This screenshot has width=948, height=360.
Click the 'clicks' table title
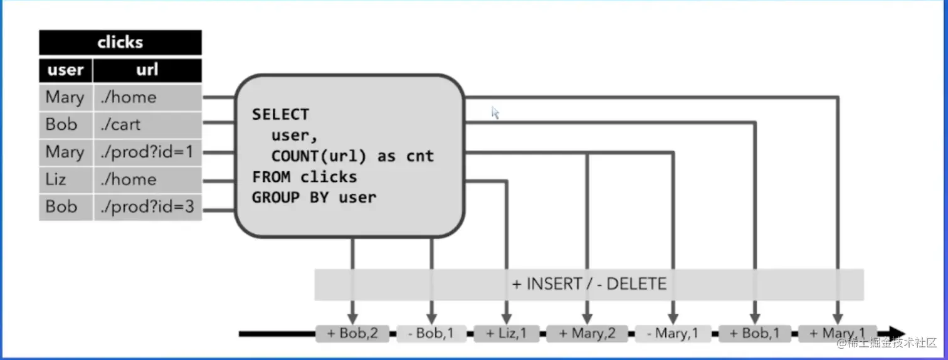[x=120, y=43]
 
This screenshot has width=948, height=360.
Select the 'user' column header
[x=65, y=70]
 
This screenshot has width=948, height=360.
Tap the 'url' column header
[x=147, y=70]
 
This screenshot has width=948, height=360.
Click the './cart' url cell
[x=147, y=124]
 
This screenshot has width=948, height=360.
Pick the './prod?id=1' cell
[x=147, y=152]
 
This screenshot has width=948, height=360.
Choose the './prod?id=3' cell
[x=147, y=206]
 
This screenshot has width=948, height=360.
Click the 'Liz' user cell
[x=65, y=179]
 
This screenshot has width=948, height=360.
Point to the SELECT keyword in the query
[x=280, y=114]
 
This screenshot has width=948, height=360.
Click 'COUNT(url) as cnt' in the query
[x=352, y=156]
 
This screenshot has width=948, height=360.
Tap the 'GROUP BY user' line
[x=314, y=197]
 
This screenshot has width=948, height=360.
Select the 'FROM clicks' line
[x=305, y=176]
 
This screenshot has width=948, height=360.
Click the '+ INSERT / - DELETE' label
[x=589, y=284]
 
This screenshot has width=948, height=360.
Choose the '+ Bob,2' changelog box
[x=352, y=334]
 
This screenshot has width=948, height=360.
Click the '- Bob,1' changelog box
[x=431, y=334]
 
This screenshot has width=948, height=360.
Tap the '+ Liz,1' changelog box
[x=506, y=334]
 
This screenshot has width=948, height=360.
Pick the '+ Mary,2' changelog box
[x=587, y=334]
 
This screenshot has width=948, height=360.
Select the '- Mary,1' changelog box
[x=673, y=334]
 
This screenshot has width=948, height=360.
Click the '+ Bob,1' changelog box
[x=755, y=334]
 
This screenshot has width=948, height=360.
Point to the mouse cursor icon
[x=495, y=113]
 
